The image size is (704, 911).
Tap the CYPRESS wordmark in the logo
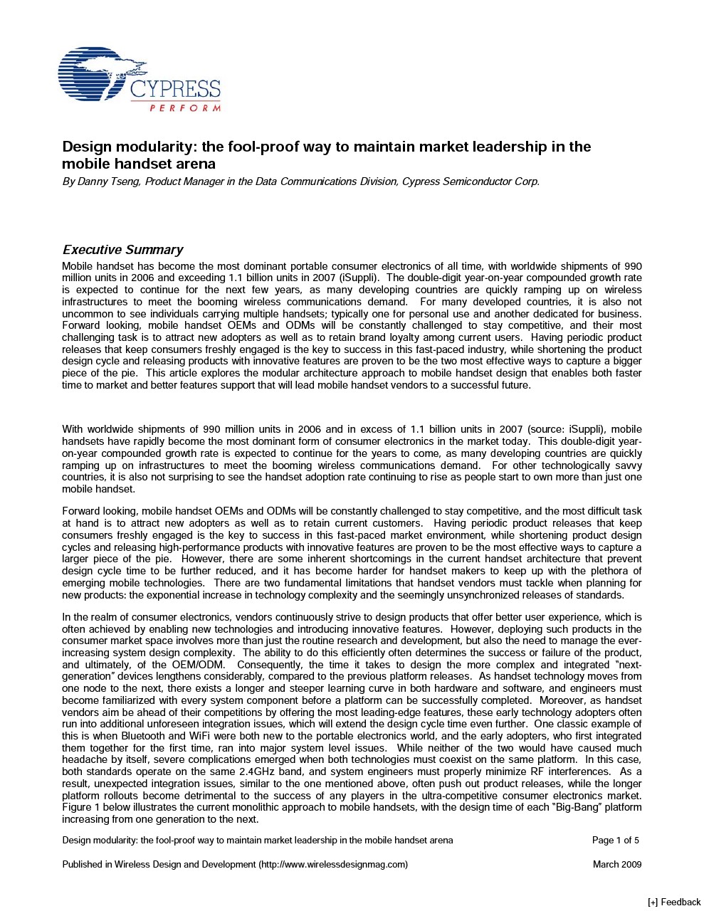[175, 90]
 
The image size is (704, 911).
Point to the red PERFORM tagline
[184, 107]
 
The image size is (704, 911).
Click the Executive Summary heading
[122, 250]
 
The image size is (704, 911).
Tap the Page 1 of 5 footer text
[615, 840]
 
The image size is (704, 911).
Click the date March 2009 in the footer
[616, 864]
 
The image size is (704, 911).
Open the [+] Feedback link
[674, 902]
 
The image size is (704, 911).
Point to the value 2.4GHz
[261, 772]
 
